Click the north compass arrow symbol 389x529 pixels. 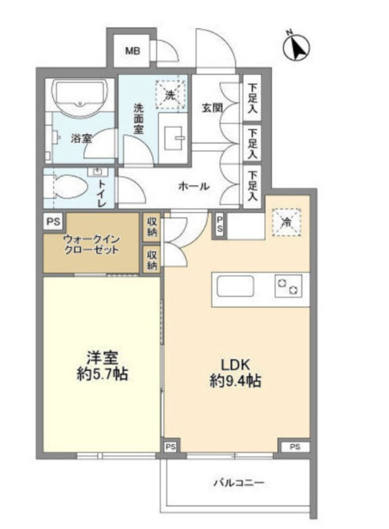point(296,48)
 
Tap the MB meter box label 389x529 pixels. point(132,51)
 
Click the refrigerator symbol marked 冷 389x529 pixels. point(286,222)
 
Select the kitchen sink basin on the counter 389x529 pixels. point(235,286)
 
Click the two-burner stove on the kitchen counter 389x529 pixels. point(288,287)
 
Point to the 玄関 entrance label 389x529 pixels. point(212,108)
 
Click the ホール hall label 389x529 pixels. point(193,186)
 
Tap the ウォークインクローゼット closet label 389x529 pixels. point(91,245)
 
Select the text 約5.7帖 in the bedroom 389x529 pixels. point(102,374)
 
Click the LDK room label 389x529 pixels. point(235,365)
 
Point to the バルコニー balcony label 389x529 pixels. point(239,483)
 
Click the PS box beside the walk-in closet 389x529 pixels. point(54,222)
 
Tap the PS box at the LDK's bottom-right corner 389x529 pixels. point(295,447)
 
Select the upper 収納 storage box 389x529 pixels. point(151,227)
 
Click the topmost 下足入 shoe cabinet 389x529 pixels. point(252,98)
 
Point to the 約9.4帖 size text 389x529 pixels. point(235,381)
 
